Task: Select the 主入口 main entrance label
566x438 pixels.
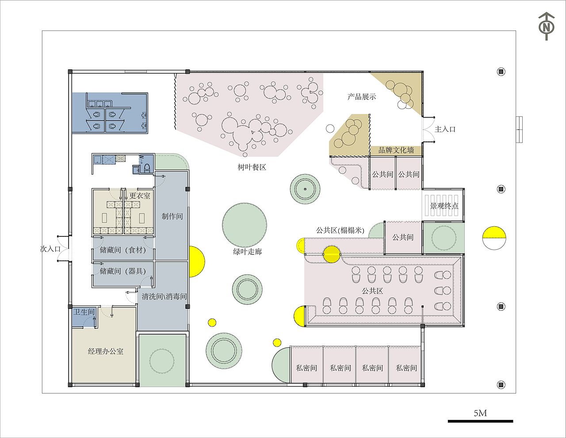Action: (x=445, y=129)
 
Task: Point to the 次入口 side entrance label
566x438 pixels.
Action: (x=50, y=249)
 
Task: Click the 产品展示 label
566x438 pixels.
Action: (x=362, y=97)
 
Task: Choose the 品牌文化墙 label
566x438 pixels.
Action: (x=396, y=150)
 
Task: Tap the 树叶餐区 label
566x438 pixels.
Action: (x=252, y=167)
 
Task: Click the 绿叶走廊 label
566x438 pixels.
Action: (x=247, y=251)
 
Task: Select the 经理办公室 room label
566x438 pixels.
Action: (x=106, y=351)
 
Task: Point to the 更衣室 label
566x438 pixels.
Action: (x=140, y=195)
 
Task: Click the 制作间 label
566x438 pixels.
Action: (x=172, y=216)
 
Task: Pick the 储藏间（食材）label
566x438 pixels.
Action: (x=122, y=250)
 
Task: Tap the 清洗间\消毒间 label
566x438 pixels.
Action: (x=164, y=296)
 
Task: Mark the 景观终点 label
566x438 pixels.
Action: (x=444, y=206)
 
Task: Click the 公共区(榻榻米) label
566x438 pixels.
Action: (x=340, y=230)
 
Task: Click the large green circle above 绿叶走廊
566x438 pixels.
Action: (x=245, y=225)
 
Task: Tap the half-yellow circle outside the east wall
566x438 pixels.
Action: (x=494, y=238)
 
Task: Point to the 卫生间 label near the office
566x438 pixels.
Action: (x=84, y=312)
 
